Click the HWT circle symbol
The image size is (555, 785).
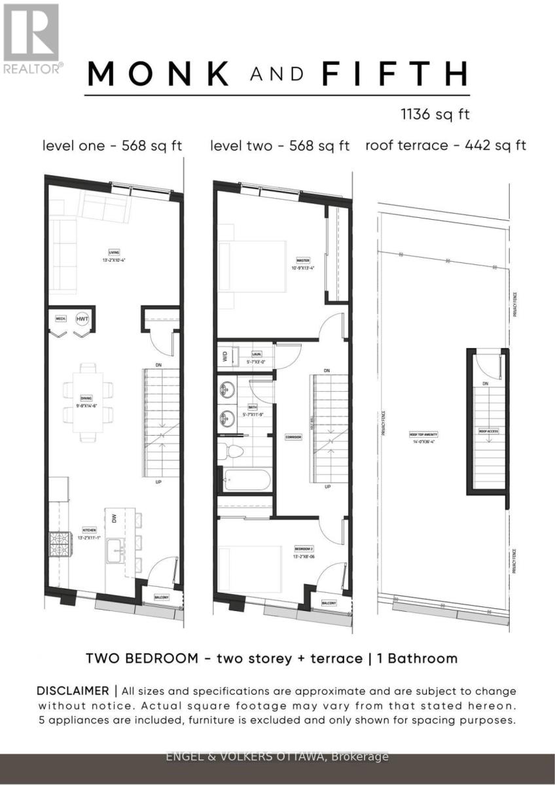(82, 319)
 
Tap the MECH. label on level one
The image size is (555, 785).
(61, 319)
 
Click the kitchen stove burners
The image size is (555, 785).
(59, 542)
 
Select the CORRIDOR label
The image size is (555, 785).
(293, 436)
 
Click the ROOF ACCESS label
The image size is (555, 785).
(488, 432)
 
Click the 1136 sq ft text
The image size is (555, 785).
(435, 114)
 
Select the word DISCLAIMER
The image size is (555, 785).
(73, 691)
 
